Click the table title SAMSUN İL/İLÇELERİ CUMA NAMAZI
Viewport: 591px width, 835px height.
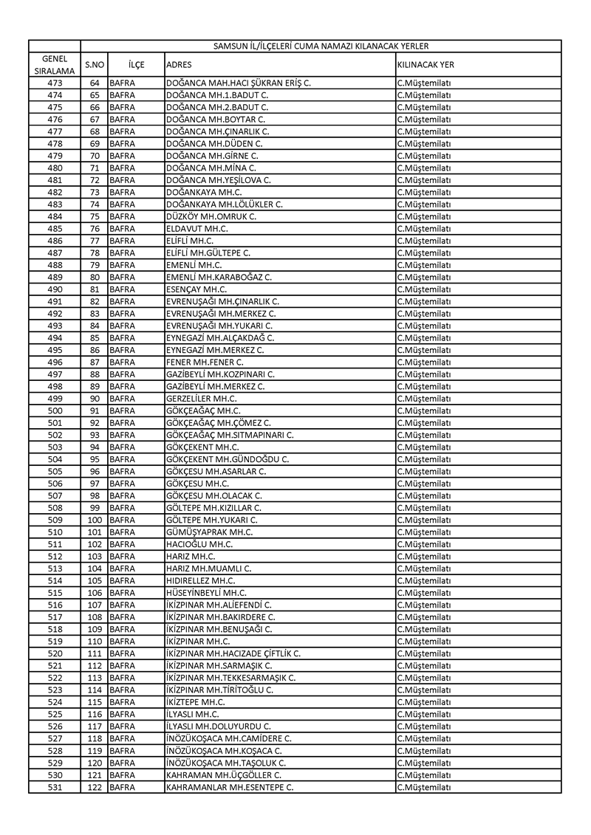click(321, 46)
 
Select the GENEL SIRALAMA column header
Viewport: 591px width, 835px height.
click(55, 64)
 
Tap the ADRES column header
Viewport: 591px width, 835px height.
click(180, 65)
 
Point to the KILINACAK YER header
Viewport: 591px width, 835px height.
click(426, 65)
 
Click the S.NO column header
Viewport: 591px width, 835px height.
click(94, 65)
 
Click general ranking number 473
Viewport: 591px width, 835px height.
click(55, 83)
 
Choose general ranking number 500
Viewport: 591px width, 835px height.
click(55, 410)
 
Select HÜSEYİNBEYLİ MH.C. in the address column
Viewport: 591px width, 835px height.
click(207, 593)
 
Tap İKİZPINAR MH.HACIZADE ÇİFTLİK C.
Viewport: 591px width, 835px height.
click(233, 653)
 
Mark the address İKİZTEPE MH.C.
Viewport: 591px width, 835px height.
click(196, 702)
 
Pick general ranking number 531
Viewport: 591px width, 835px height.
click(55, 787)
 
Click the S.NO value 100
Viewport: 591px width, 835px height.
click(94, 520)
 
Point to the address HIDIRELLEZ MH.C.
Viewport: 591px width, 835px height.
click(201, 580)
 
